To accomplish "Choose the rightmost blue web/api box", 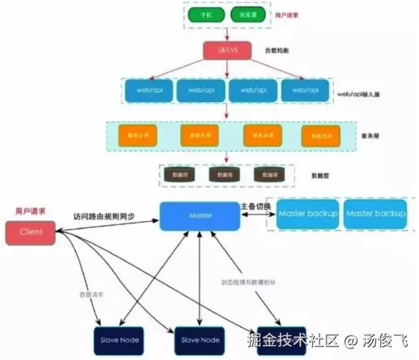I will click(305, 90).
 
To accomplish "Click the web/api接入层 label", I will click(358, 94).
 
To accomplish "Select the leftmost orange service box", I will click(134, 135).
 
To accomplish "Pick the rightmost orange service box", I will click(316, 135).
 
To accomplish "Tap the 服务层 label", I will click(369, 136).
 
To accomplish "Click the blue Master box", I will click(200, 215).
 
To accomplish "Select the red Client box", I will click(30, 232).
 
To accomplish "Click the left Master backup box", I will click(308, 214).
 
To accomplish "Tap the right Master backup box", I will click(376, 214).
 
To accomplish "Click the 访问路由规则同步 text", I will click(104, 215).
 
